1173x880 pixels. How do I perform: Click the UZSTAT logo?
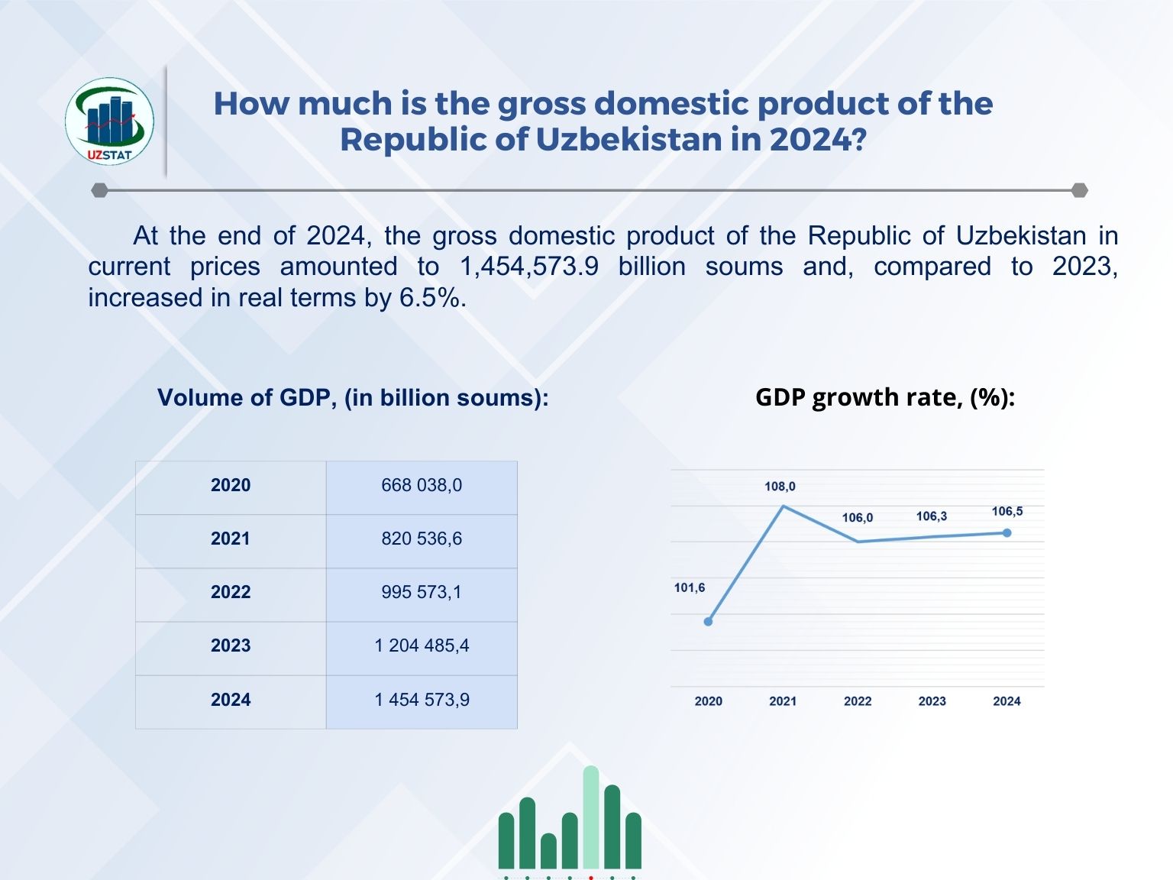[109, 121]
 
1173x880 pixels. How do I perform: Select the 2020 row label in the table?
[231, 486]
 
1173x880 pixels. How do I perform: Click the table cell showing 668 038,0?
[422, 486]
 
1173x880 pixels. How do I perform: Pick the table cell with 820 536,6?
[422, 539]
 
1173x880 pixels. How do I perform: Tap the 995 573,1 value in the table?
[422, 593]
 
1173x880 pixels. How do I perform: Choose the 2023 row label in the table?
[231, 646]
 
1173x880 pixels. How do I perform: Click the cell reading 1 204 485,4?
[422, 646]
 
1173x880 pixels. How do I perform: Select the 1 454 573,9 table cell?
[422, 700]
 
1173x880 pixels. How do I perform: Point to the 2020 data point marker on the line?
[708, 622]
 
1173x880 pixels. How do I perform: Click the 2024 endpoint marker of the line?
[1007, 533]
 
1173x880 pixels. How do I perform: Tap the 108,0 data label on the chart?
[780, 487]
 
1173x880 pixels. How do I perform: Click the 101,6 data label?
[690, 588]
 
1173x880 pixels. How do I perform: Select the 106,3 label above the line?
[932, 517]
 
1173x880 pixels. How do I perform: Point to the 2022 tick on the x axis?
[858, 701]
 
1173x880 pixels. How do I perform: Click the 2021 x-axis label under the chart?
[783, 701]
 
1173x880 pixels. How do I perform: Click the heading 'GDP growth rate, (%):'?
[885, 397]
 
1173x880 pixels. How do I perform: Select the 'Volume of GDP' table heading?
[353, 398]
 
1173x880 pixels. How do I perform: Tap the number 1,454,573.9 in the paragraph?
[529, 267]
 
